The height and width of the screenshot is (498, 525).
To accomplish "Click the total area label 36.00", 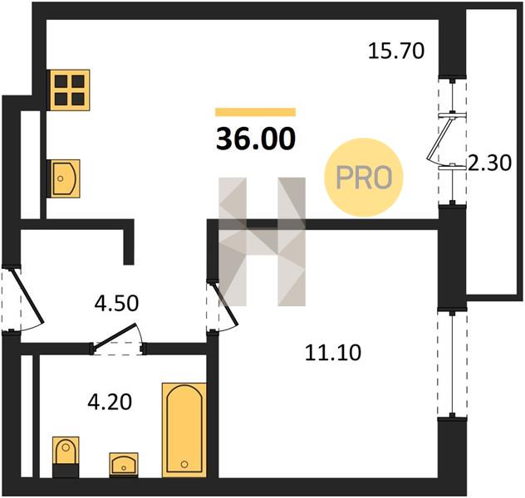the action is tap(256, 139).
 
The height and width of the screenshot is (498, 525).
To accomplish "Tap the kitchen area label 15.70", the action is tap(396, 51).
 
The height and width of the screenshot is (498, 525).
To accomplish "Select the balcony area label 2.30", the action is tap(489, 163).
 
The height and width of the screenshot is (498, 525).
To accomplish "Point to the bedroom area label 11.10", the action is tap(333, 353).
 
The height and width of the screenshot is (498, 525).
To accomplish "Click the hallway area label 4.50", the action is tap(116, 304).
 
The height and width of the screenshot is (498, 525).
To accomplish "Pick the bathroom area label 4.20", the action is tap(110, 402).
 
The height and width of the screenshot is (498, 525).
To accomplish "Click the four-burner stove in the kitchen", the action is tap(70, 90).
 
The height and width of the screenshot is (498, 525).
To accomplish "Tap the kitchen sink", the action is tap(66, 178).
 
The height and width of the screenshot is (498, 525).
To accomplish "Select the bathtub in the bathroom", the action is tap(184, 430).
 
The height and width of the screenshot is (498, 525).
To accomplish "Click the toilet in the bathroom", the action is tap(66, 456).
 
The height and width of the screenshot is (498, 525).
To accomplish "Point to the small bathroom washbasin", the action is tap(124, 465).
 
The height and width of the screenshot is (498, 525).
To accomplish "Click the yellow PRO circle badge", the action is tap(364, 178).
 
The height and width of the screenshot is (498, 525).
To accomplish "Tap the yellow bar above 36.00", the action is tap(256, 112).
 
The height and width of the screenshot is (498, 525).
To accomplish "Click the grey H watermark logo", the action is tap(262, 242).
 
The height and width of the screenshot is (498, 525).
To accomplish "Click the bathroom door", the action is tap(117, 339).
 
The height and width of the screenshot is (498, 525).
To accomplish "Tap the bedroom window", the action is tap(453, 364).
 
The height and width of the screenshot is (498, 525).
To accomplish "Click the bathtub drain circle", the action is tap(184, 464).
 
